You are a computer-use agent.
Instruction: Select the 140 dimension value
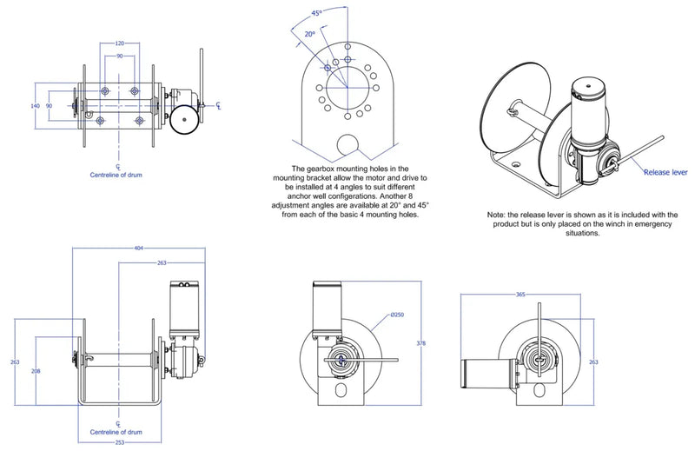click(x=36, y=105)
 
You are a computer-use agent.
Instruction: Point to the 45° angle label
click(x=318, y=14)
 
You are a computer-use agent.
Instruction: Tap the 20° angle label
click(x=309, y=34)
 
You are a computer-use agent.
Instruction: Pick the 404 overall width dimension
click(x=139, y=249)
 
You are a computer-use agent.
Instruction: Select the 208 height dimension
click(x=36, y=370)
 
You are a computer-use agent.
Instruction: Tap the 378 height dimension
click(x=421, y=344)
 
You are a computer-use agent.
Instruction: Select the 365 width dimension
click(x=520, y=295)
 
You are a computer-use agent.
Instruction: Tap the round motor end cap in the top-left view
click(x=183, y=120)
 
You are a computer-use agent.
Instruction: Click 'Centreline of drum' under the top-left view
click(x=117, y=175)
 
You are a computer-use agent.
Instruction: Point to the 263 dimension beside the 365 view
click(x=592, y=362)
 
